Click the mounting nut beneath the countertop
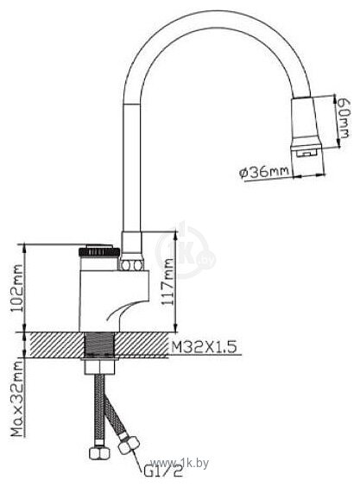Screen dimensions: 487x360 tap(100, 364)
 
